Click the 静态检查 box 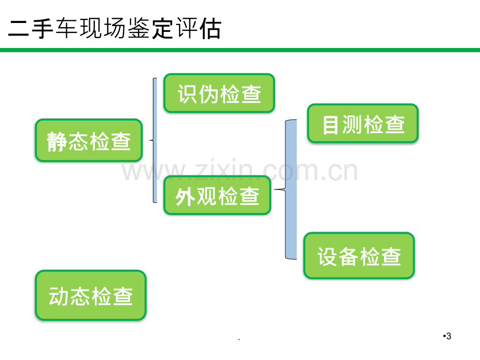click(89, 140)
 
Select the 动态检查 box click(91, 295)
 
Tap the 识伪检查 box click(219, 93)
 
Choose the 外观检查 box click(218, 196)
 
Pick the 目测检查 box click(363, 124)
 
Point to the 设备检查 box click(359, 256)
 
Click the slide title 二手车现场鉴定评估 click(114, 29)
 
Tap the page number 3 click(449, 336)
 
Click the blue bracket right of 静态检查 click(155, 140)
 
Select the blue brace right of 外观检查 click(291, 189)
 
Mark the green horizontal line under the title click(240, 50)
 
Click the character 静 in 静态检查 click(57, 142)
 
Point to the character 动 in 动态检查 click(59, 296)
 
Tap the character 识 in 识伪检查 click(188, 94)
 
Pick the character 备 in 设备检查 click(349, 256)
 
